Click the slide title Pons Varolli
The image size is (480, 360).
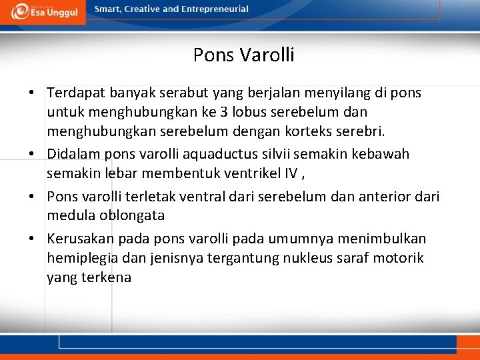243,55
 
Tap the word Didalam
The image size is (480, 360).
73,154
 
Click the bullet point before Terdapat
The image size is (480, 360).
32,93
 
